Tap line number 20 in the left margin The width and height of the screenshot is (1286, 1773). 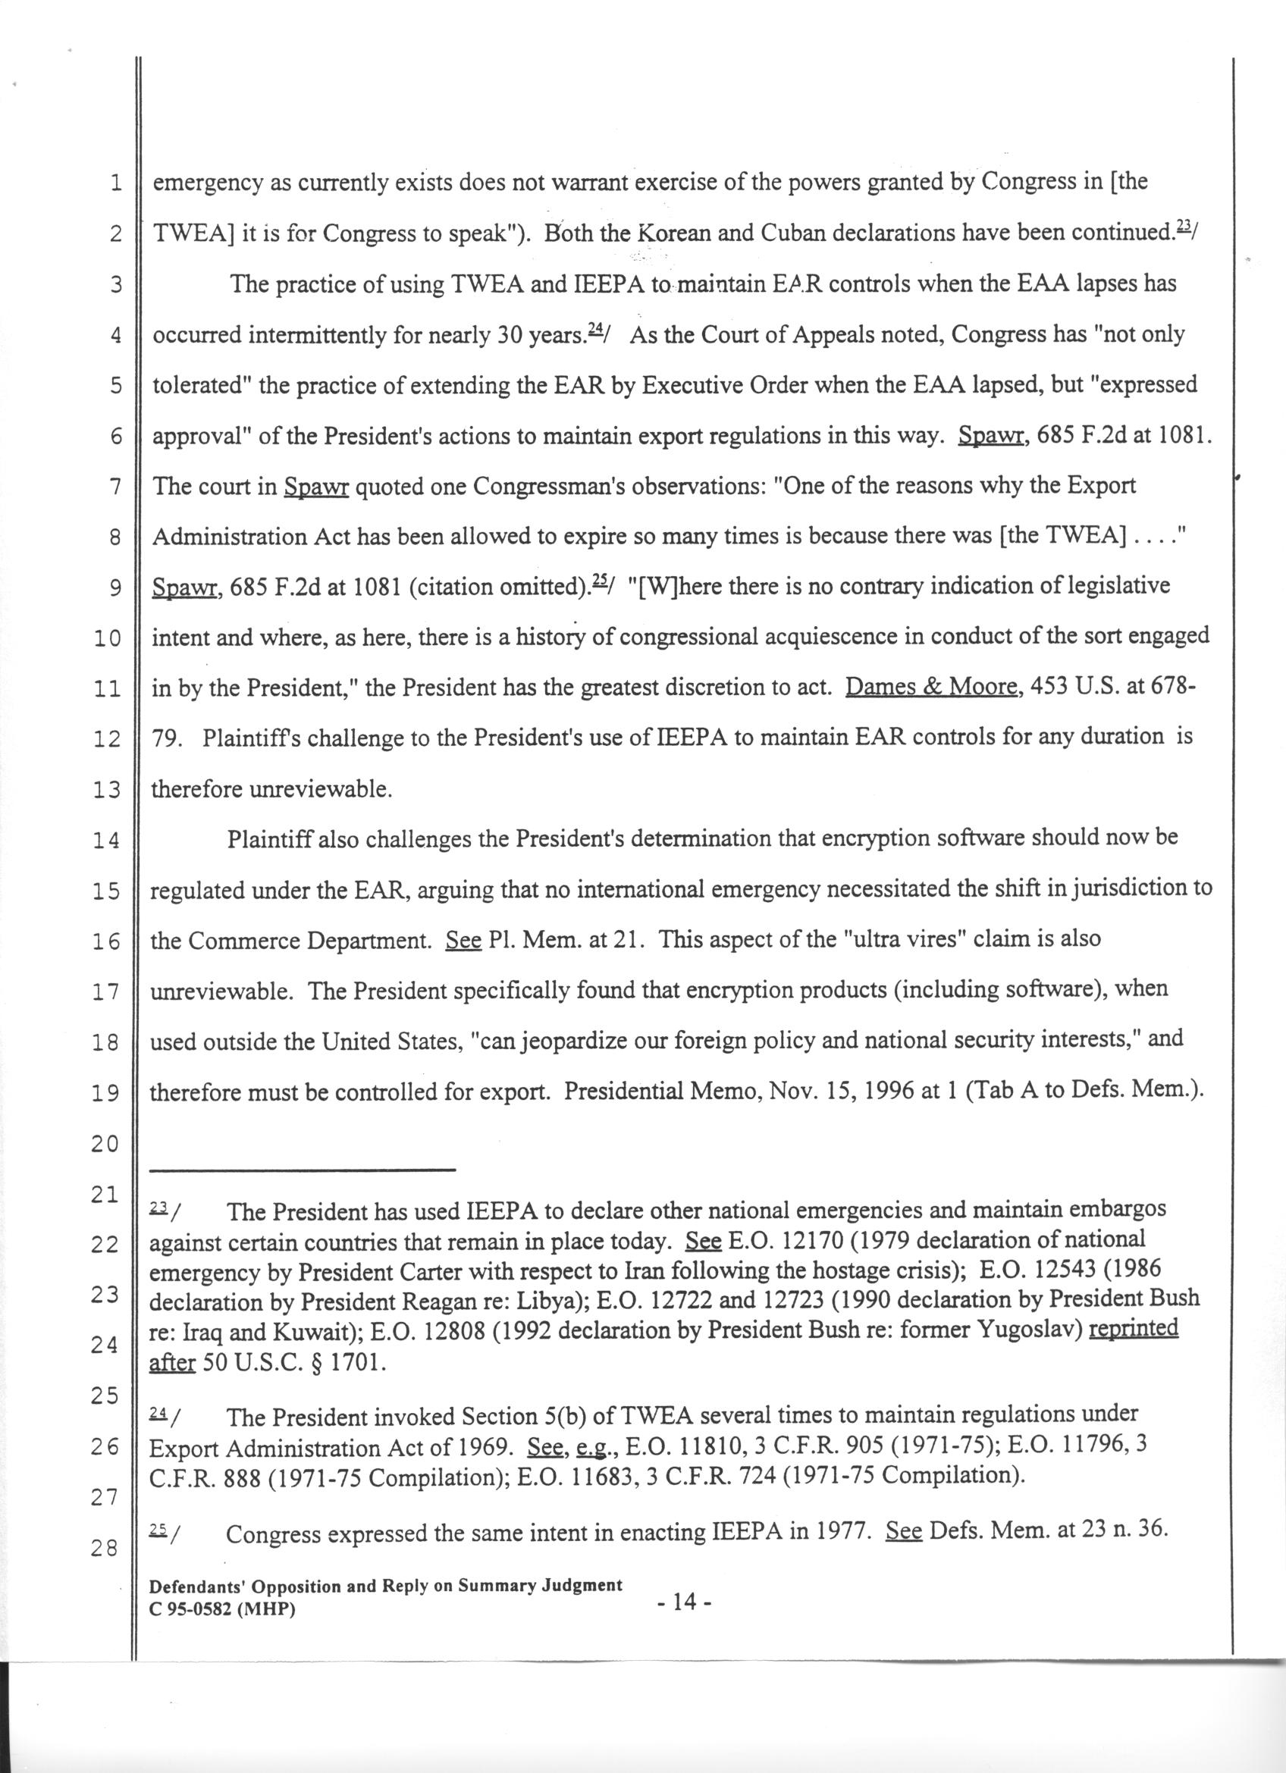click(105, 1144)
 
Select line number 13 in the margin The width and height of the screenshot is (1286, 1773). click(105, 791)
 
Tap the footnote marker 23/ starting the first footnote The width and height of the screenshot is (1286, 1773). click(165, 1211)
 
